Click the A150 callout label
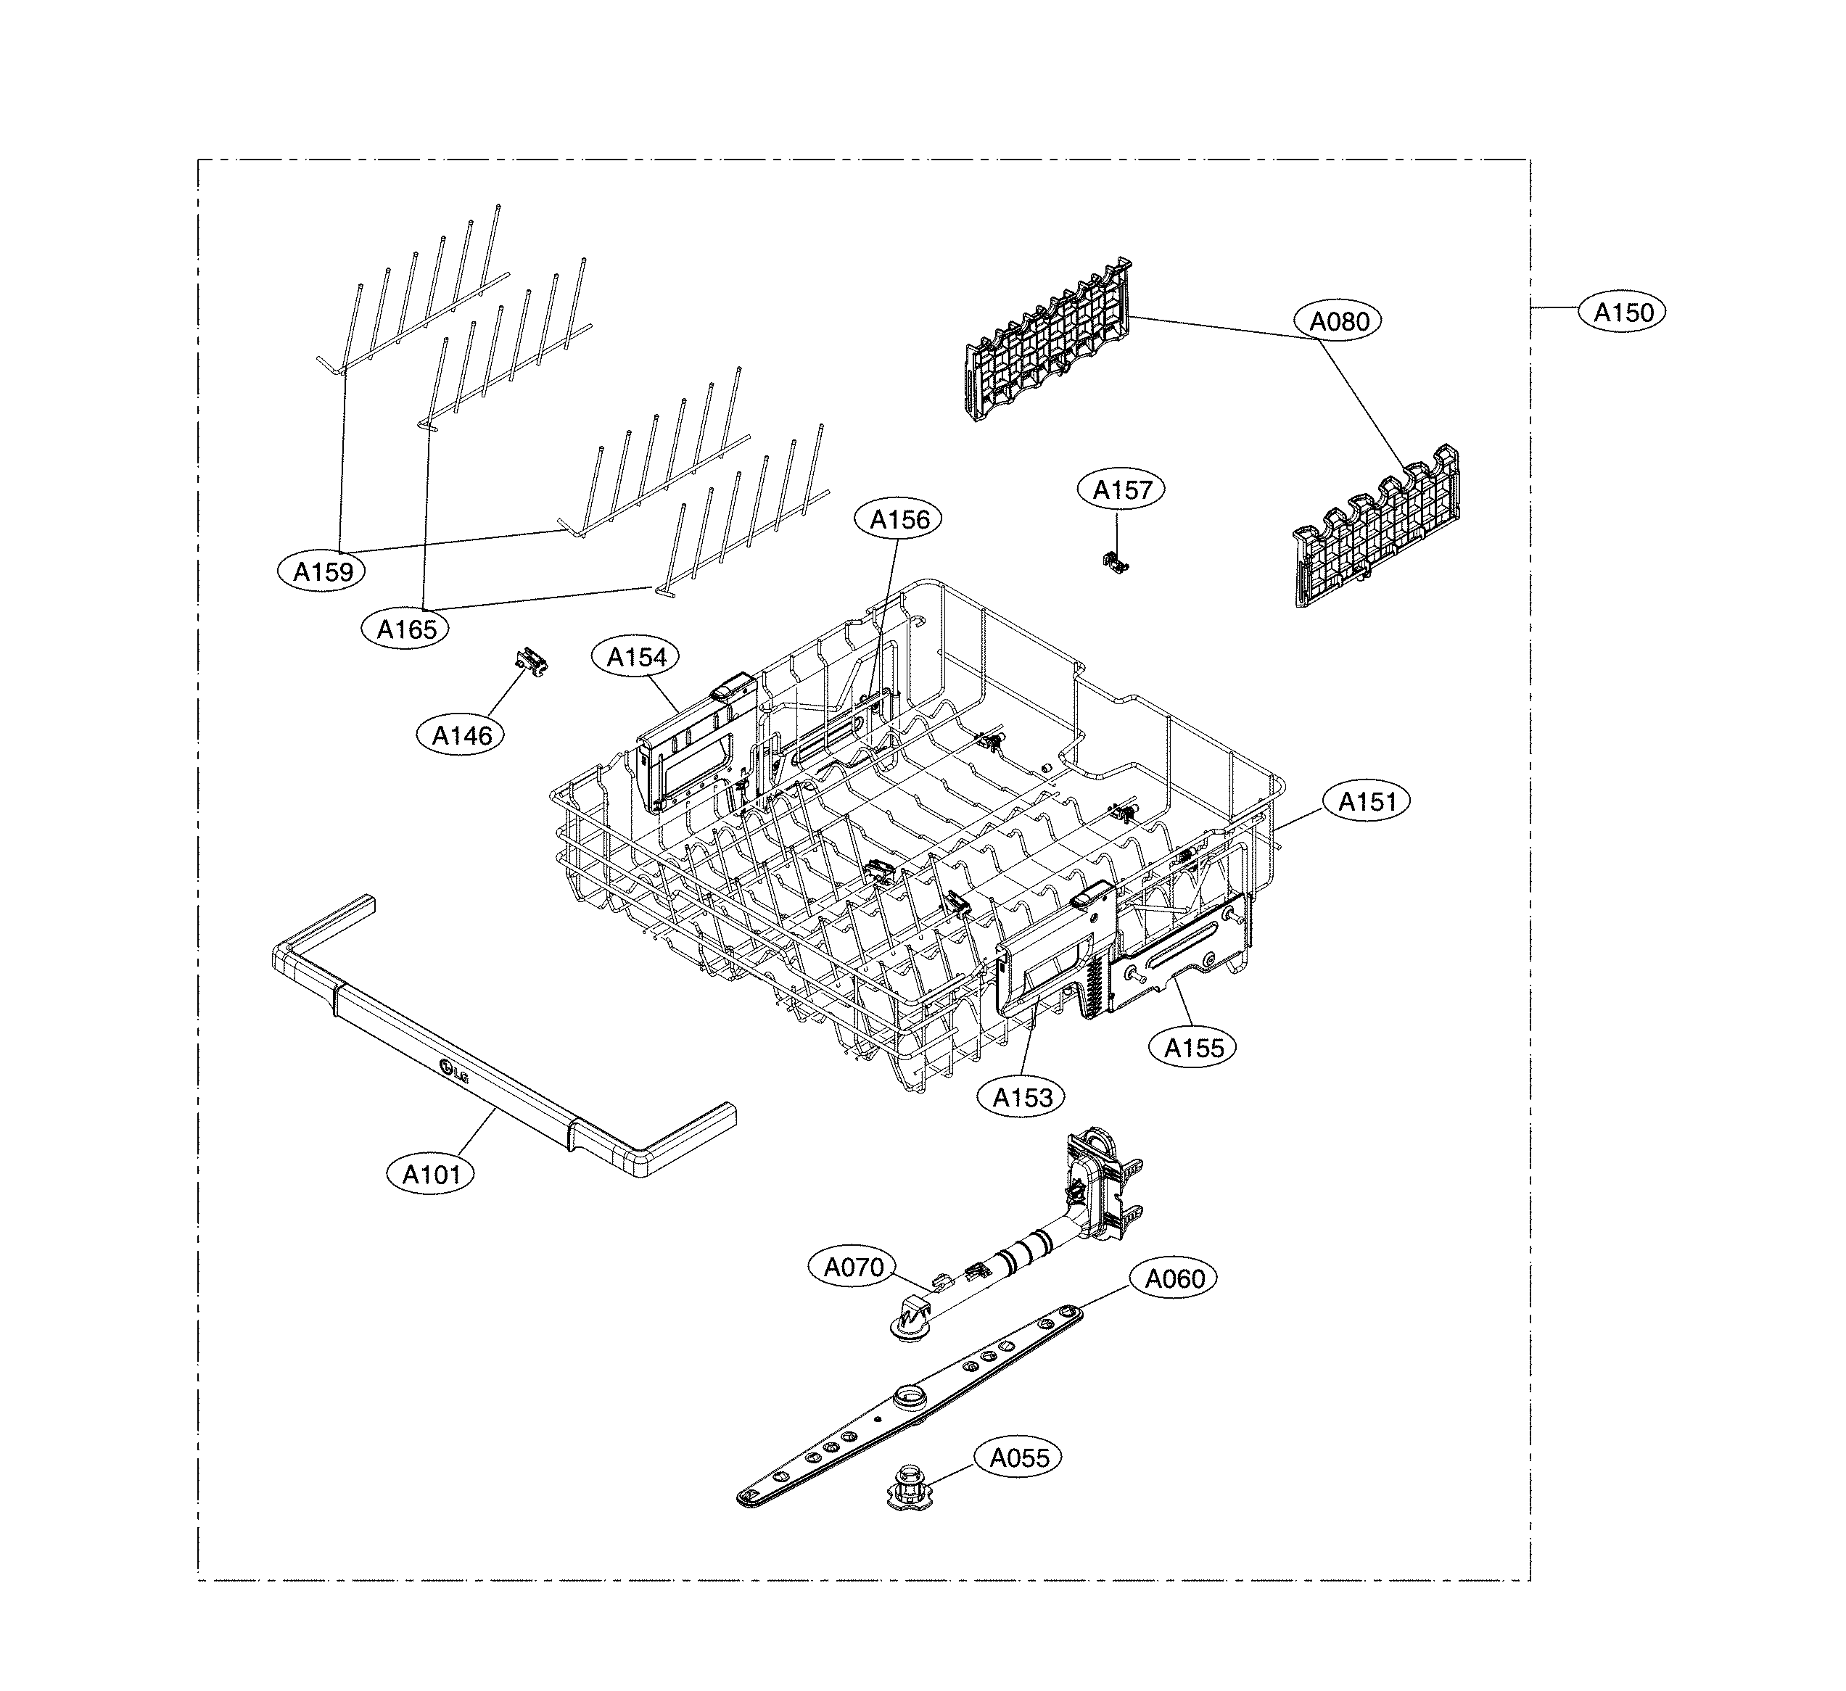click(1623, 313)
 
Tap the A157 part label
click(1121, 489)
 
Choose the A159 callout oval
click(322, 572)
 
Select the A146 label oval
click(461, 735)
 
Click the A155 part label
click(1192, 1049)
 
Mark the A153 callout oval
click(1022, 1097)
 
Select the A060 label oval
click(1174, 1278)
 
